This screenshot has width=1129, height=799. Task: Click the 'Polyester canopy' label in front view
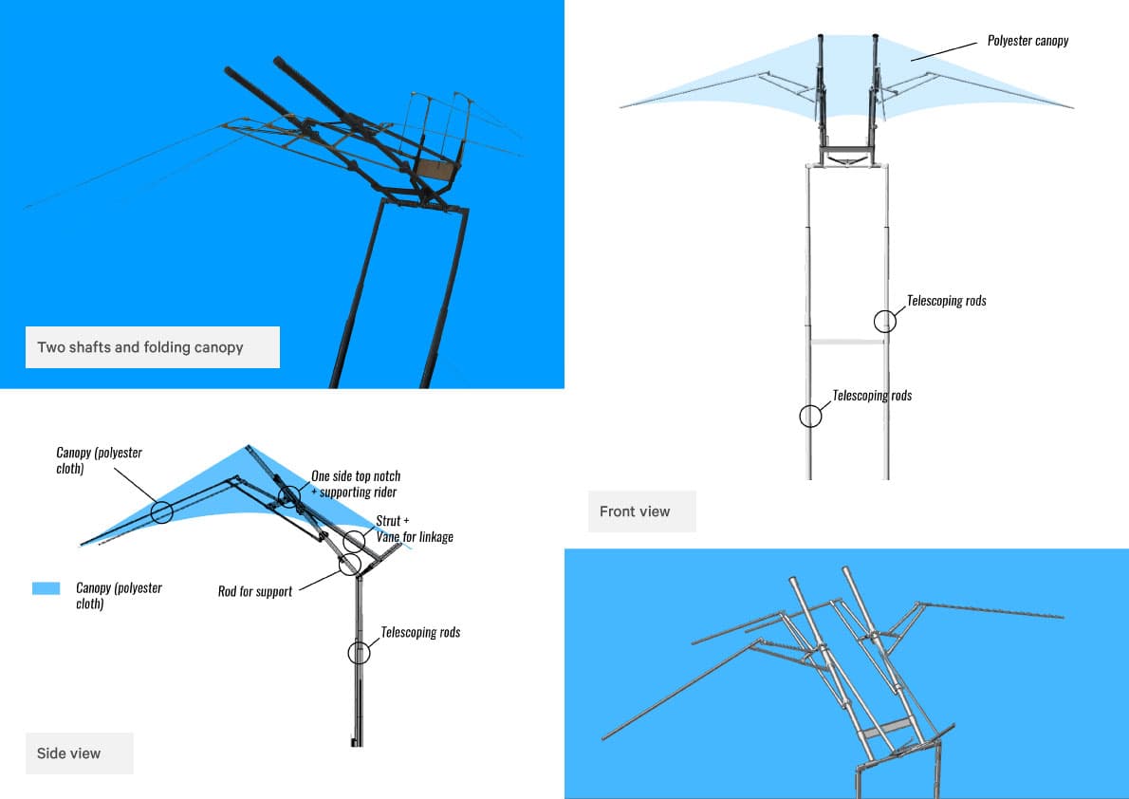pos(1027,41)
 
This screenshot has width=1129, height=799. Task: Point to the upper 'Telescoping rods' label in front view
pos(946,301)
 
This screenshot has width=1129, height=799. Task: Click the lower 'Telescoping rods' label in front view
pos(872,395)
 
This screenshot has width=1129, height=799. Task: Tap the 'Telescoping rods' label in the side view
pos(420,632)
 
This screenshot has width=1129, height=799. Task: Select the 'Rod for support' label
pos(255,591)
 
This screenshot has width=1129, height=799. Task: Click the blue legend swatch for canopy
pos(46,588)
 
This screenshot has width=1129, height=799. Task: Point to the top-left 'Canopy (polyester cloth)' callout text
pos(99,460)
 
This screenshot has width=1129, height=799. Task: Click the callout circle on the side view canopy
pos(161,512)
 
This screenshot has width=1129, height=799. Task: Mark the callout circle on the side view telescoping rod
pos(359,652)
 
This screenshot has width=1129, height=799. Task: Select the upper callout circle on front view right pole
pos(885,321)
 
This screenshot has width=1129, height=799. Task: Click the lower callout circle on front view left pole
pos(810,416)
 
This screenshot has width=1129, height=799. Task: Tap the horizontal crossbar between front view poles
pos(848,341)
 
